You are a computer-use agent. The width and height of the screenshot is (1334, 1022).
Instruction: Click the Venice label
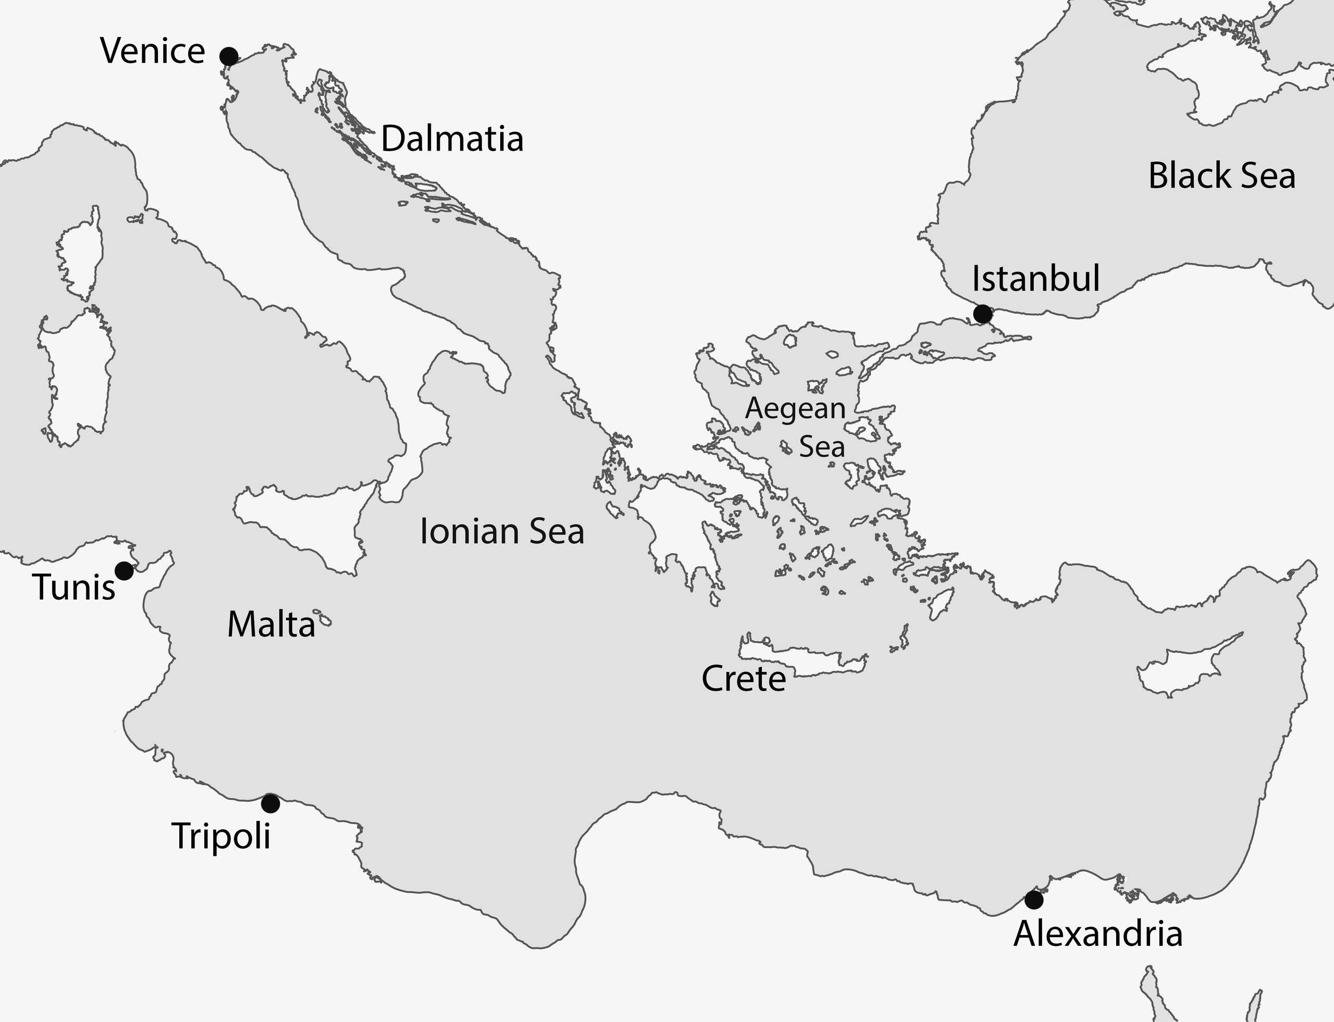pyautogui.click(x=153, y=51)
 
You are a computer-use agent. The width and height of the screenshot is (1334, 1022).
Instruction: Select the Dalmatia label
pyautogui.click(x=452, y=139)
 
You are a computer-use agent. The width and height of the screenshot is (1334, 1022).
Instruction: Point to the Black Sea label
pyautogui.click(x=1221, y=176)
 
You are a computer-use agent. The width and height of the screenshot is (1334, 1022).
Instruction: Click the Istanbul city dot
pyautogui.click(x=982, y=314)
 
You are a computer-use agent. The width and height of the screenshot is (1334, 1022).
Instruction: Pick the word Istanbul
pyautogui.click(x=1036, y=279)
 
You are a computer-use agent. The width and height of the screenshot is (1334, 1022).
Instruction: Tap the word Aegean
pyautogui.click(x=795, y=408)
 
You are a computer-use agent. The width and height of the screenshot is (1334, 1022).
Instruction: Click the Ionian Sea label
pyautogui.click(x=502, y=531)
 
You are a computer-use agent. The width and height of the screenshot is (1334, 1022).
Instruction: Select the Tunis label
pyautogui.click(x=74, y=588)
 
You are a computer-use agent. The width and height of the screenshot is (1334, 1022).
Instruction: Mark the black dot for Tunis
pyautogui.click(x=124, y=570)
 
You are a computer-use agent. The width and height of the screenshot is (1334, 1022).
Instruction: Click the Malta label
pyautogui.click(x=271, y=625)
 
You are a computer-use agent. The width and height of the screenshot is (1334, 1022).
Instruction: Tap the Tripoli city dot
pyautogui.click(x=270, y=804)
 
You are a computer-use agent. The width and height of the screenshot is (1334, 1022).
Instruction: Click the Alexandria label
pyautogui.click(x=1098, y=934)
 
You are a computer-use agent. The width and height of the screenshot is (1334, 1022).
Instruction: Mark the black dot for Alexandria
pyautogui.click(x=1033, y=899)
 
